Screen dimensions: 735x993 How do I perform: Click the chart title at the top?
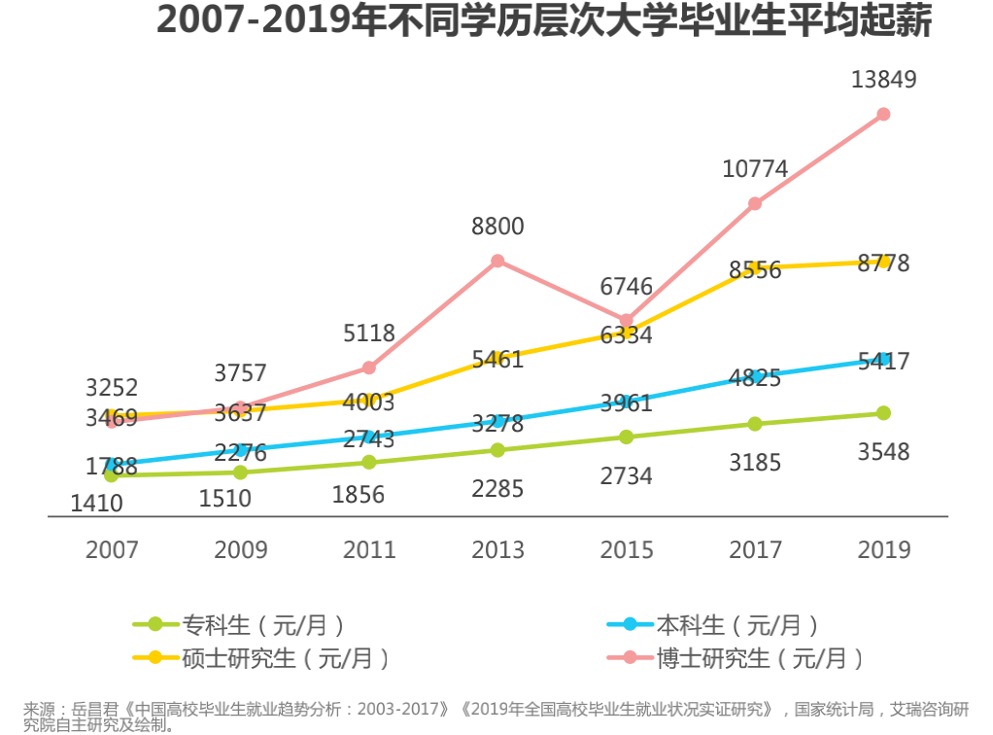(544, 21)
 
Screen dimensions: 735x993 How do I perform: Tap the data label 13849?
(883, 80)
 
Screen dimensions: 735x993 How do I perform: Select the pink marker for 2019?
(883, 114)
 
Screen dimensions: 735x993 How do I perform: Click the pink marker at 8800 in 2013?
(497, 261)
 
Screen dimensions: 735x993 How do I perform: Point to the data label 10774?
(755, 169)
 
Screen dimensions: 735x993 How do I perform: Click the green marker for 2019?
(883, 413)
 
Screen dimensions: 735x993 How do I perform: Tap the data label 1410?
(97, 504)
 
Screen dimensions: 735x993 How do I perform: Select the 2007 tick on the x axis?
(112, 549)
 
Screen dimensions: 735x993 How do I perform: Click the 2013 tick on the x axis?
(497, 549)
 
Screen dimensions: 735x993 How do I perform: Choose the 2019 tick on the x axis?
(883, 549)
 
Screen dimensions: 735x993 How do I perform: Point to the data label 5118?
(369, 333)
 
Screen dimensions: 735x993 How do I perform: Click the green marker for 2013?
(497, 450)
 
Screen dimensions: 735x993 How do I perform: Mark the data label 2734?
(626, 476)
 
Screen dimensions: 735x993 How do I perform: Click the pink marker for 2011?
(369, 367)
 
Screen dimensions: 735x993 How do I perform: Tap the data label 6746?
(626, 286)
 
